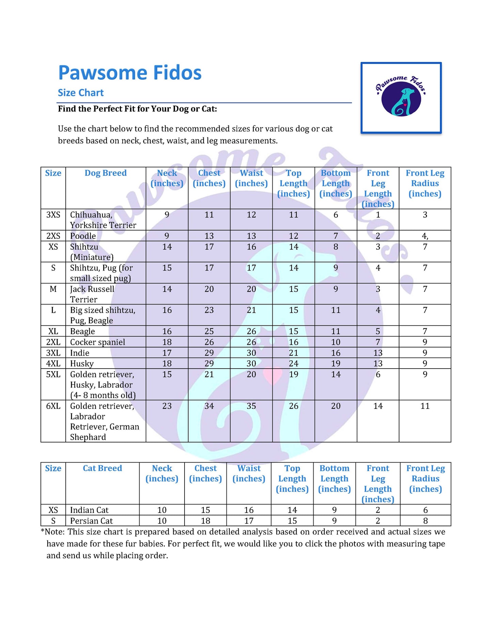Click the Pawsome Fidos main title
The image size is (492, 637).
[x=130, y=73]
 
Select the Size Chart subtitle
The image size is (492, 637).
[x=81, y=93]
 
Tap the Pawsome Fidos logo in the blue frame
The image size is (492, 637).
[x=401, y=98]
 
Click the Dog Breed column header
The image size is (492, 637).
[x=106, y=173]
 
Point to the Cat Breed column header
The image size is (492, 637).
[x=102, y=468]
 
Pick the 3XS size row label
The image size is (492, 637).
[x=53, y=215]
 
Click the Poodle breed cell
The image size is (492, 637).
[x=83, y=236]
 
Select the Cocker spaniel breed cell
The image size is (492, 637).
[x=97, y=342]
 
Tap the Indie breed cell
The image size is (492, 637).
[x=80, y=353]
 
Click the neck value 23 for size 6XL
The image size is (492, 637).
[x=167, y=406]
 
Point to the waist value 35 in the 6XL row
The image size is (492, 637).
[x=251, y=406]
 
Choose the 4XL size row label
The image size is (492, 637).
[x=53, y=363]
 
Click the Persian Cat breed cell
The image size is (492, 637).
[x=91, y=521]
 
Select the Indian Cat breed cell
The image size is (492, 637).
[x=89, y=510]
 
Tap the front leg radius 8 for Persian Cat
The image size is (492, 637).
[x=425, y=521]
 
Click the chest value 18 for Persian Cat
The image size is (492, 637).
[x=205, y=521]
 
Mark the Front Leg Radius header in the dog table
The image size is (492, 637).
[x=425, y=183]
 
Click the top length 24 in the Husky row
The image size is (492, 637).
[x=293, y=363]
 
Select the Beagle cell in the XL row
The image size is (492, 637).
[x=82, y=331]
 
